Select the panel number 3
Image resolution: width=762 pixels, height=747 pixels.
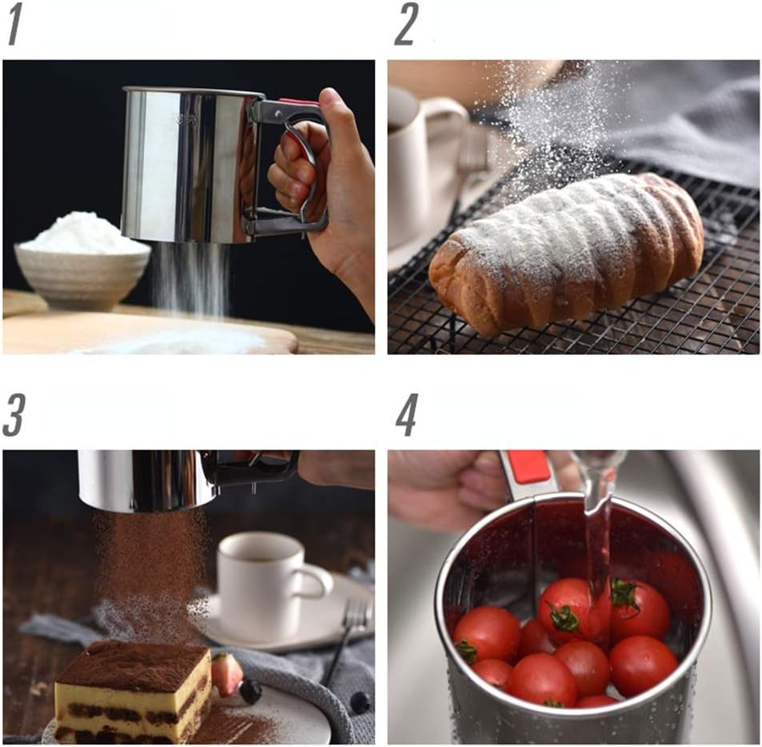[x=14, y=416]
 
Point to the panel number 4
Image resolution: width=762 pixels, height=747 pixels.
[x=406, y=416]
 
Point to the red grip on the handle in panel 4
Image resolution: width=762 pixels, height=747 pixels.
[x=527, y=469]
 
